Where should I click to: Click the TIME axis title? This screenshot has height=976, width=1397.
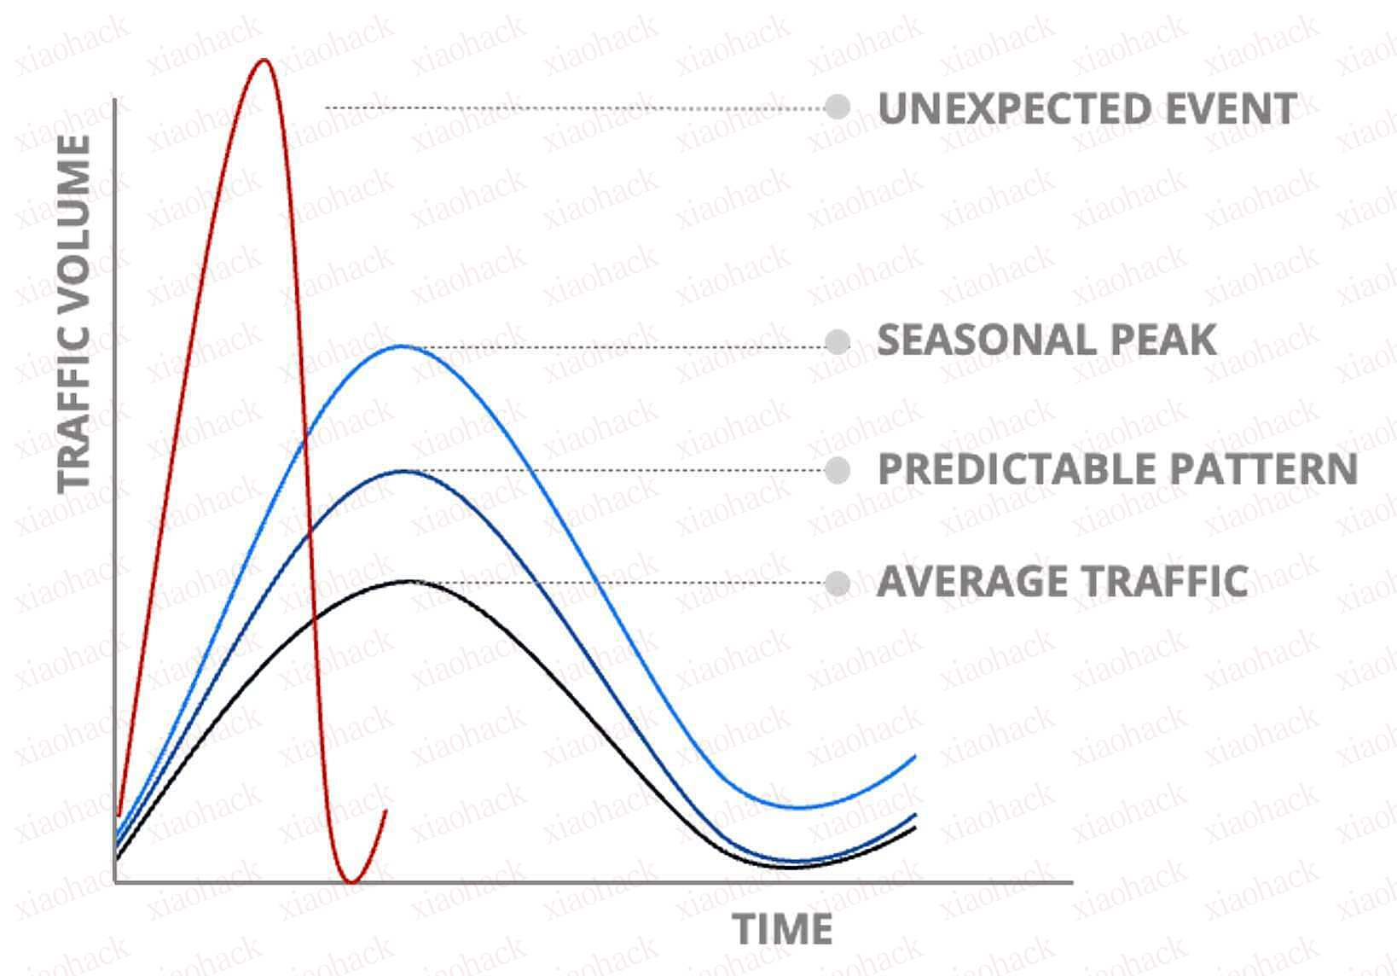pos(783,929)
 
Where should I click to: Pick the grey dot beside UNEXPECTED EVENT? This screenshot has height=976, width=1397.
pos(838,107)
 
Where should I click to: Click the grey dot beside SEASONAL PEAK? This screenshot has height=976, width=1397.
pos(838,343)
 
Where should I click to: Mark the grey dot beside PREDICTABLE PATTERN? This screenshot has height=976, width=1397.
pos(838,470)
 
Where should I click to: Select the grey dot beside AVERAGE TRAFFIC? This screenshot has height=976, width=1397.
pos(838,584)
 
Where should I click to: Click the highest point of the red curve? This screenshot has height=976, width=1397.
pos(264,60)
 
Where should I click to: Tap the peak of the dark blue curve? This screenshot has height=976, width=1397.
pos(406,471)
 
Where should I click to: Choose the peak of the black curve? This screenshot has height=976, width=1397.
pos(409,581)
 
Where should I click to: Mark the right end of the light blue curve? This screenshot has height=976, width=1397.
pos(914,757)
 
